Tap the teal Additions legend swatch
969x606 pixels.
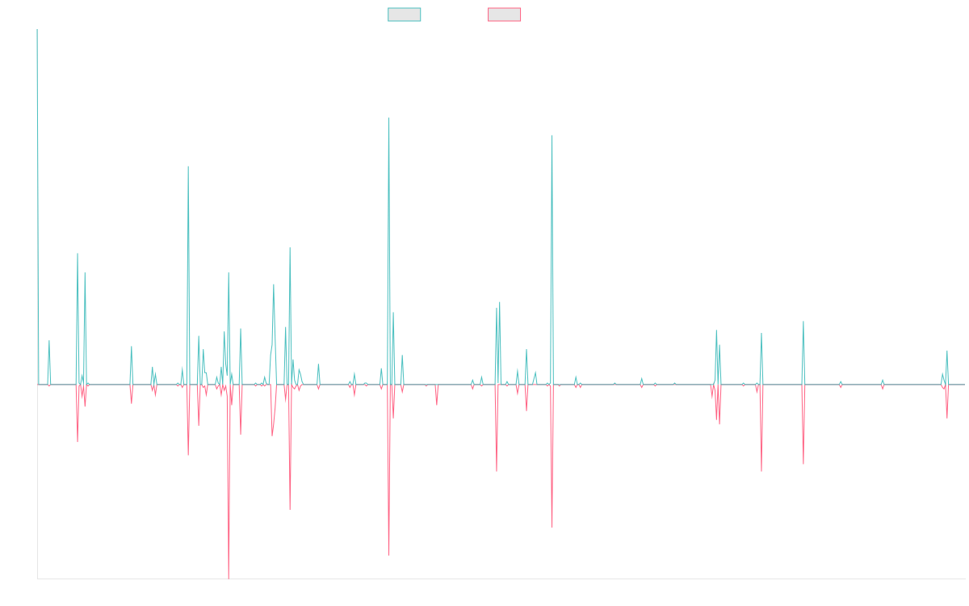click(x=405, y=15)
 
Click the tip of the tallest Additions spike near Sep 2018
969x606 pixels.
click(x=389, y=119)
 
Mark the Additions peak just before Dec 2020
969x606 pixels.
click(x=552, y=136)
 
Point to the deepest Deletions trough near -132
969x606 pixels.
click(x=229, y=579)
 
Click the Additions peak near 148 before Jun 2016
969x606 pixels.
click(x=188, y=166)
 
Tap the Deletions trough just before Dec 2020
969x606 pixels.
click(x=552, y=527)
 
